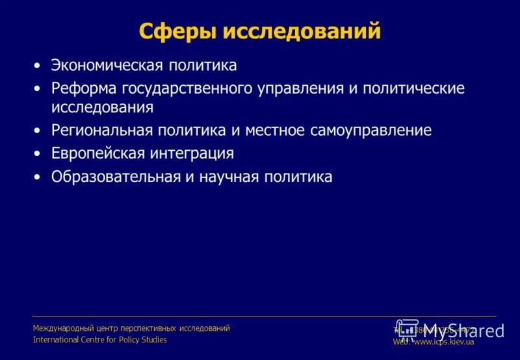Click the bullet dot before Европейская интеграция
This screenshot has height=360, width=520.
[x=38, y=155]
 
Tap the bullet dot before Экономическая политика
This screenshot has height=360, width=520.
[x=38, y=66]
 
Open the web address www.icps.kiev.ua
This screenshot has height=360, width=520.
[x=443, y=342]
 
